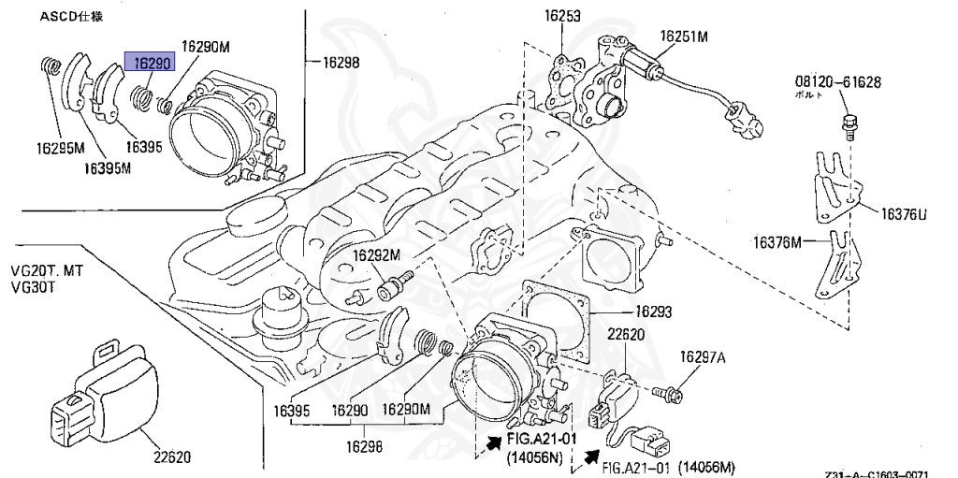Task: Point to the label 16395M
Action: click(x=107, y=168)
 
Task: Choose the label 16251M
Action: click(x=684, y=36)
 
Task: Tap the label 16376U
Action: click(x=902, y=215)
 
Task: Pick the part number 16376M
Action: click(x=778, y=243)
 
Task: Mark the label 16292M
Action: click(x=376, y=254)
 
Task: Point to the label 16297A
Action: click(x=703, y=356)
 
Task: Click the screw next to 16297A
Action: click(x=671, y=390)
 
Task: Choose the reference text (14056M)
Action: click(x=705, y=467)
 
